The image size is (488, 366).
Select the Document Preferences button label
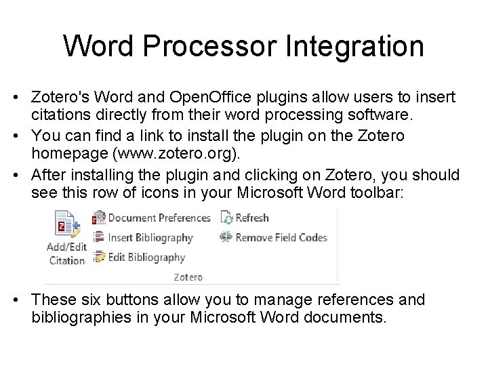(159, 218)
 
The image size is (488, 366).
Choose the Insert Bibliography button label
(150, 237)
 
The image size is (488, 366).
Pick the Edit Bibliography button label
(146, 257)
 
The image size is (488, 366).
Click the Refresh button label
(252, 218)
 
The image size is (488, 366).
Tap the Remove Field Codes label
(281, 237)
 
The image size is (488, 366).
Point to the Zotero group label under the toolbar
(188, 277)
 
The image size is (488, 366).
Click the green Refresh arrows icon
(227, 218)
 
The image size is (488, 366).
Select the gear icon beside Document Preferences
(99, 218)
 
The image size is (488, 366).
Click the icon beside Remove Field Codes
(226, 237)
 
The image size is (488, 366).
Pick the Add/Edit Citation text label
(66, 253)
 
